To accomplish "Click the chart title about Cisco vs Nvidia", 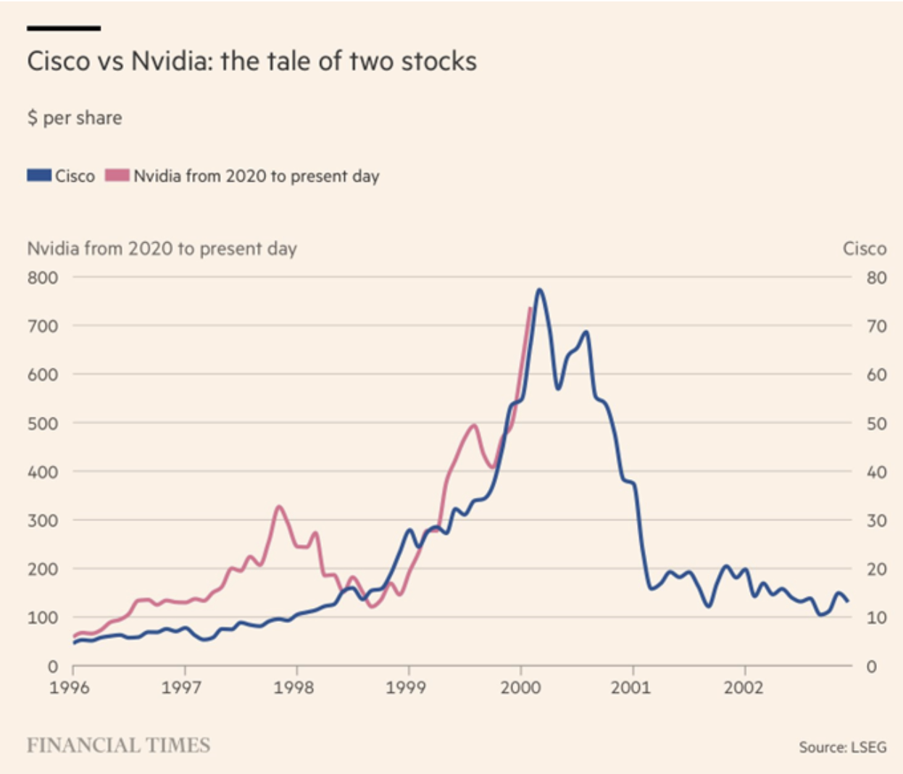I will pos(251,61).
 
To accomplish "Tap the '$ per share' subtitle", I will pos(75,117).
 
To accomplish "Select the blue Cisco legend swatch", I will pos(39,175).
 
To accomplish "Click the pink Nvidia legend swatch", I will pos(117,175).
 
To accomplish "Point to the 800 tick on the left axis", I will pos(43,278).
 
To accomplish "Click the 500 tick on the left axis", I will pos(43,423).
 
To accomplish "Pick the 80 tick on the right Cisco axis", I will pos(876,278).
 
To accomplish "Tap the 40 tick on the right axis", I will pos(876,472).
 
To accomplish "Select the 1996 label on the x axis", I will pos(70,687).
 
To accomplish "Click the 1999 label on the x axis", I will pos(406,687).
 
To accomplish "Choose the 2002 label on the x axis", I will pos(744,687).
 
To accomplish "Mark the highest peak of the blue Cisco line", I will pos(539,290).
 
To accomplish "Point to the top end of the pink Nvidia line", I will pos(530,309).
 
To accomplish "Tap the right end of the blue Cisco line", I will pos(847,601).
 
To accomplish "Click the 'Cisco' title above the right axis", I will pos(864,249).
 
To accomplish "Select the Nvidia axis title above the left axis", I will pos(162,249).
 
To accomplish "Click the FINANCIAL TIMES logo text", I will pos(118,745).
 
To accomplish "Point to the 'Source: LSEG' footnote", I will pos(842,747).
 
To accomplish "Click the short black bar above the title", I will pos(64,28).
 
